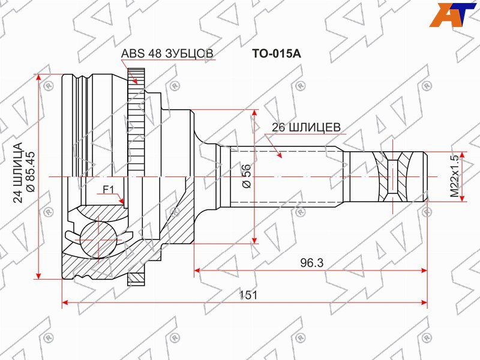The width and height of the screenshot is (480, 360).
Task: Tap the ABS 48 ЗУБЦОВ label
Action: coord(167,53)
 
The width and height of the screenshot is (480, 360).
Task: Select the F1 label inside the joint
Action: coord(108,190)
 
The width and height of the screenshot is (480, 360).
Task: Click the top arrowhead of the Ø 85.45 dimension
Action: coord(41,78)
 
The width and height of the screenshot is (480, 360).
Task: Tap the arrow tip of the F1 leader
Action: coord(122,202)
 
